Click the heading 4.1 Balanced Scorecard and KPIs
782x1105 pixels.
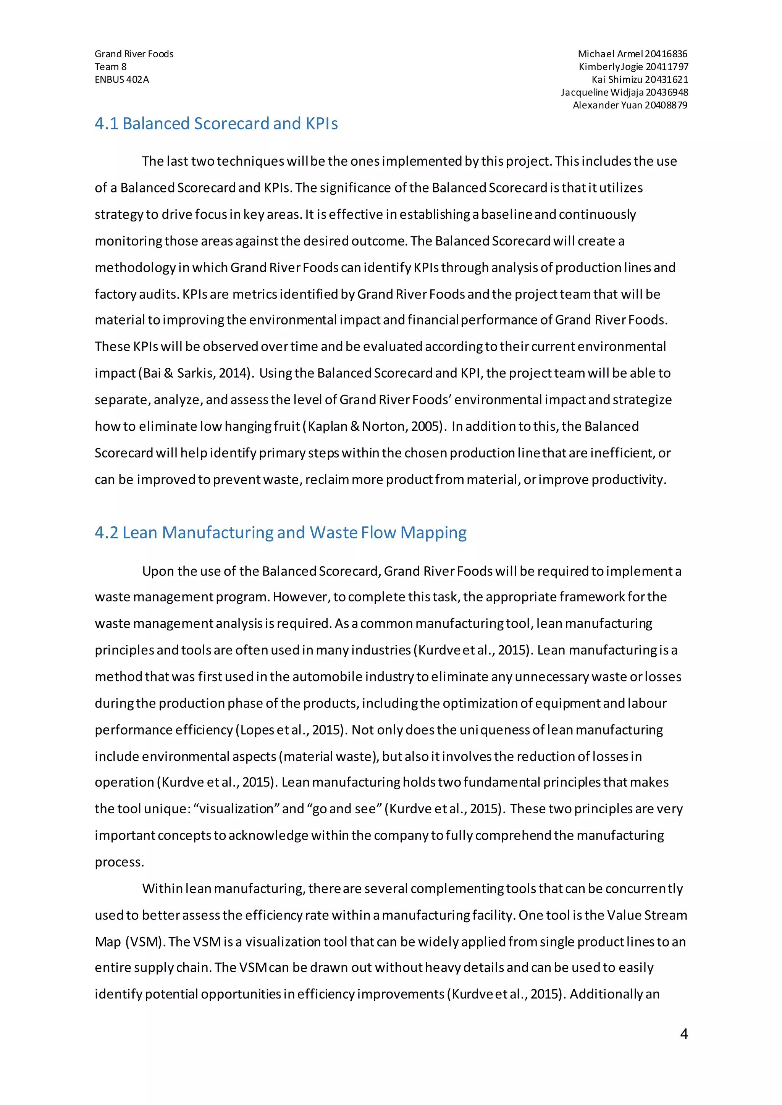[x=216, y=124]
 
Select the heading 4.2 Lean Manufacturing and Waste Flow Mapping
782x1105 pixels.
[x=280, y=533]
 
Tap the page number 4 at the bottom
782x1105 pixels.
[x=684, y=1034]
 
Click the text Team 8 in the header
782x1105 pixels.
[x=110, y=67]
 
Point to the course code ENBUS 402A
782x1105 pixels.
[x=122, y=79]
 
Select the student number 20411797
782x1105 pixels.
[x=667, y=67]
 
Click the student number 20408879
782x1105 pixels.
[x=666, y=105]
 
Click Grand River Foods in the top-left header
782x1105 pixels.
[x=134, y=54]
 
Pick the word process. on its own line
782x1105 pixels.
[x=120, y=862]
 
